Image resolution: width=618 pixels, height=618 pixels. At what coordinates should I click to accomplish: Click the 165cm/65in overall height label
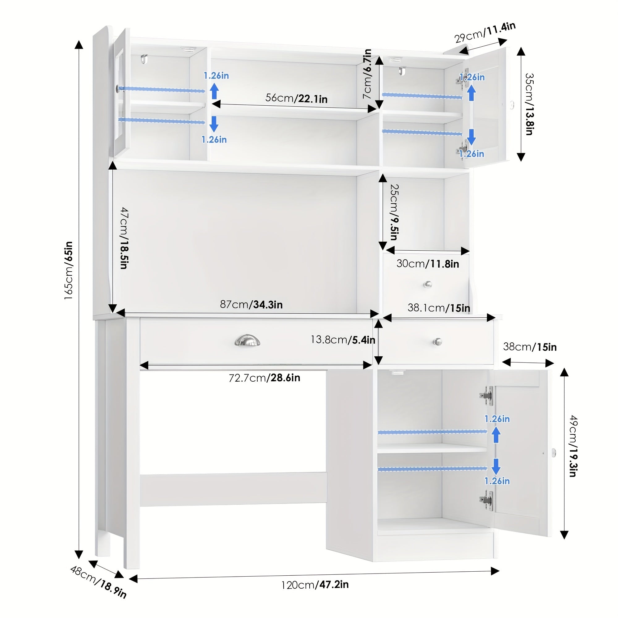69,270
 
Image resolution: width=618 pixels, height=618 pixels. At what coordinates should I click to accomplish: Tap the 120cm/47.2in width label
315,585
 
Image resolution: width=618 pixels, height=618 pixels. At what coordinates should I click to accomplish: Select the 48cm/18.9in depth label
99,582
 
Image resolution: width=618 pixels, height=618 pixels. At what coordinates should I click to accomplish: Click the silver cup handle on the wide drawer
247,340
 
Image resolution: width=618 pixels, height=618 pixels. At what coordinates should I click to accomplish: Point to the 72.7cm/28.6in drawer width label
264,378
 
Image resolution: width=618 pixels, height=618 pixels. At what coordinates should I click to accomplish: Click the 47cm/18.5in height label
125,238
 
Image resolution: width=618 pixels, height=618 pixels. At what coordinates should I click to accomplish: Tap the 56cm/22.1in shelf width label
296,98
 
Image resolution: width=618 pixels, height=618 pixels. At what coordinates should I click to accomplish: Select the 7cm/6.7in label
368,74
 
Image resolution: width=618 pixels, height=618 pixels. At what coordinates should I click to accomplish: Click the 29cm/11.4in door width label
485,32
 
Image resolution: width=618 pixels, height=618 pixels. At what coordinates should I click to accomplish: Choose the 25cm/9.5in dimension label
394,212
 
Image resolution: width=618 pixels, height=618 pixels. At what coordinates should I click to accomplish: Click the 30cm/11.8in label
428,264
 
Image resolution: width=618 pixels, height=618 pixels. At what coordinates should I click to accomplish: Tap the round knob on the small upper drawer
427,284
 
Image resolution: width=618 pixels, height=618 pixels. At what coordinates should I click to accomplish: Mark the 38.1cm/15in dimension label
439,308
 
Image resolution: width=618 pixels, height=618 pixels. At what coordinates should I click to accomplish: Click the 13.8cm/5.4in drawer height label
343,339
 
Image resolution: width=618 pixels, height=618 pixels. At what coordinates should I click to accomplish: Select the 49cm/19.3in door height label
573,446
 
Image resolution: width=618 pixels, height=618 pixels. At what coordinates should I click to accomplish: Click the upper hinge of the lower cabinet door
487,396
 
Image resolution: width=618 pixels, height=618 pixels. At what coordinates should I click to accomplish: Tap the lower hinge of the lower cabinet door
487,501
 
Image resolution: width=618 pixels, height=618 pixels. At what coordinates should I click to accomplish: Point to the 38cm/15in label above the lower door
530,347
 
